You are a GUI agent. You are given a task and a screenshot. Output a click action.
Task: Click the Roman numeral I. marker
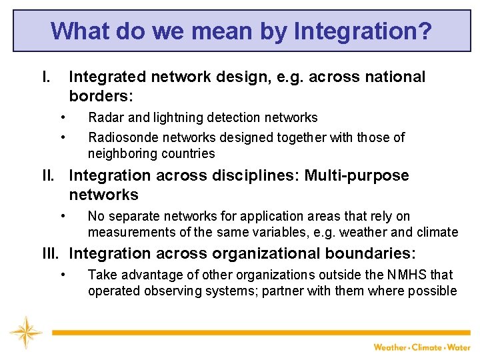tap(46, 77)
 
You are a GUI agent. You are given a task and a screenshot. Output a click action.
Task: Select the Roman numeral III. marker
tap(51, 254)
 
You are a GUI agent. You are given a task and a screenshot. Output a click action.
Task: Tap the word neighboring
tap(121, 154)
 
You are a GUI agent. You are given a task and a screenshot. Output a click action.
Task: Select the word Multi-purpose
tap(357, 176)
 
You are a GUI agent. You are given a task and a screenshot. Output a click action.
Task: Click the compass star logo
tap(25, 333)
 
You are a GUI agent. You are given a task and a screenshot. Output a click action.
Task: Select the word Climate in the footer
tap(427, 347)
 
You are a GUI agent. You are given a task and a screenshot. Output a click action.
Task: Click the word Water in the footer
tap(459, 347)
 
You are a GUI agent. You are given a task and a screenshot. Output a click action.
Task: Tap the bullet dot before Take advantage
tap(62, 275)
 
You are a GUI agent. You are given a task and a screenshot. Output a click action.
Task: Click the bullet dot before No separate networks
tap(62, 216)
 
